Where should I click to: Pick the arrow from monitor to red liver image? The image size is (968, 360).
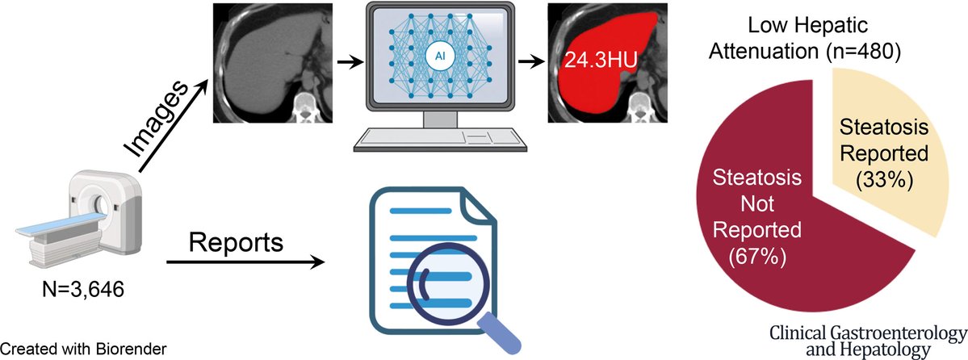[x=529, y=62]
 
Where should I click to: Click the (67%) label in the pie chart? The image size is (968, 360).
[x=756, y=256]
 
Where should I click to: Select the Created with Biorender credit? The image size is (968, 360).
[x=83, y=349]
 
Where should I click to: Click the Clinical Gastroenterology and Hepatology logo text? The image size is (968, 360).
[x=868, y=341]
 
